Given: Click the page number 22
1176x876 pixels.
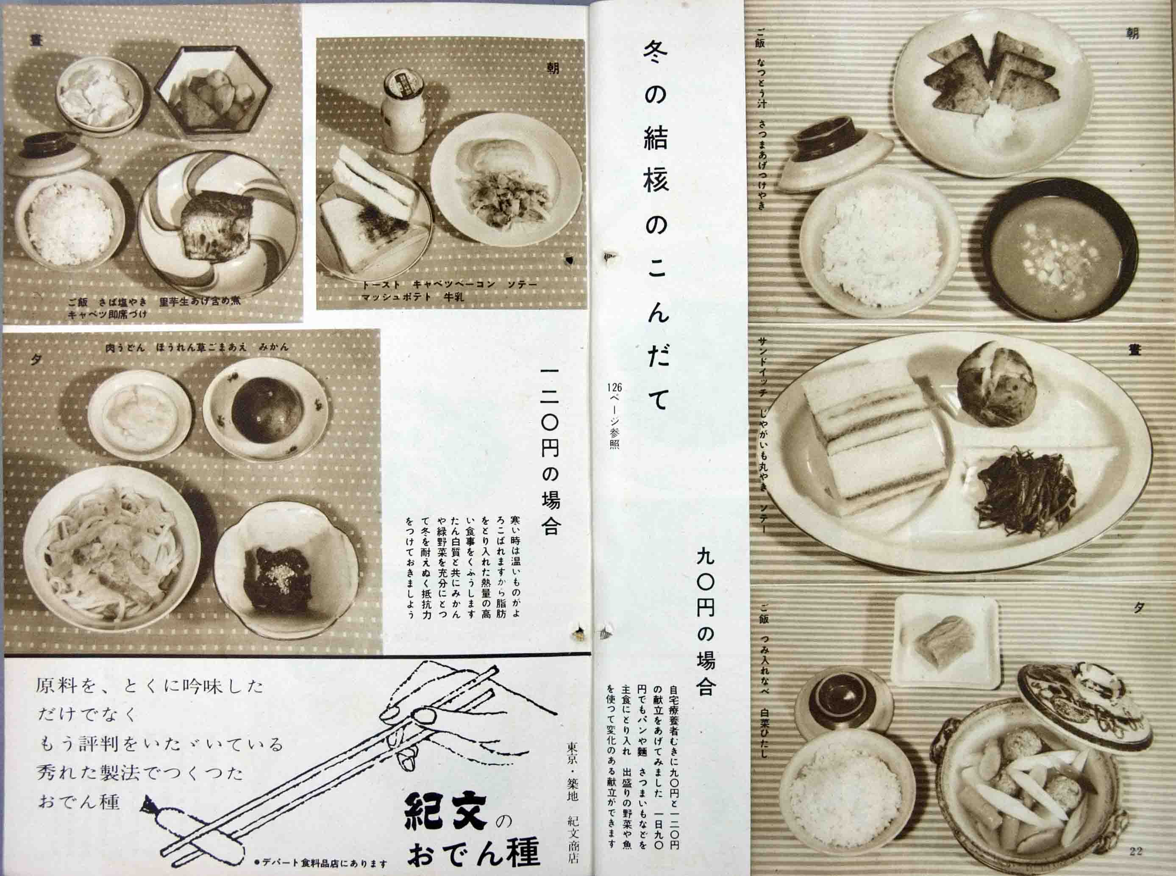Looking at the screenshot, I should (1136, 851).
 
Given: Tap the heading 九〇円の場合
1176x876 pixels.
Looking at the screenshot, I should (706, 621).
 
